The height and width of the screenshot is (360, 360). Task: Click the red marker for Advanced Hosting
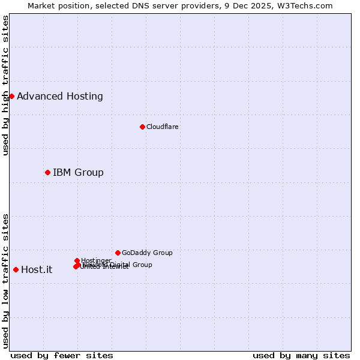11,96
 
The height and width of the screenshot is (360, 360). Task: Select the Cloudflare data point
142,127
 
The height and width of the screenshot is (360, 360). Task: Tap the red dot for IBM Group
47,172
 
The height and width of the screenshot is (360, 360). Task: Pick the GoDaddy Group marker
118,253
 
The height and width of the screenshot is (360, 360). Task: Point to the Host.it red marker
16,269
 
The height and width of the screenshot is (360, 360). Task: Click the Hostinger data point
77,260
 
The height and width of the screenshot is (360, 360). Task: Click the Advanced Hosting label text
60,96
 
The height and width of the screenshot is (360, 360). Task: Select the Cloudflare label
163,127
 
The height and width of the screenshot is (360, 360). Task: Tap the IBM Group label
78,172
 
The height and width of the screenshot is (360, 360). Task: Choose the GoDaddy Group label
147,253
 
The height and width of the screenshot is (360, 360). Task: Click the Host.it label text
37,269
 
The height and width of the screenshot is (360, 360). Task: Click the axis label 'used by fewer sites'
62,355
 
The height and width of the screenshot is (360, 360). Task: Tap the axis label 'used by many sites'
301,355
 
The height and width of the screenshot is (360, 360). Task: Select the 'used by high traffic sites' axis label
5,85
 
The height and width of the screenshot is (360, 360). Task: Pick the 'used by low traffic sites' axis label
5,281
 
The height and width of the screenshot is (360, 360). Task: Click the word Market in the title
42,6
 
